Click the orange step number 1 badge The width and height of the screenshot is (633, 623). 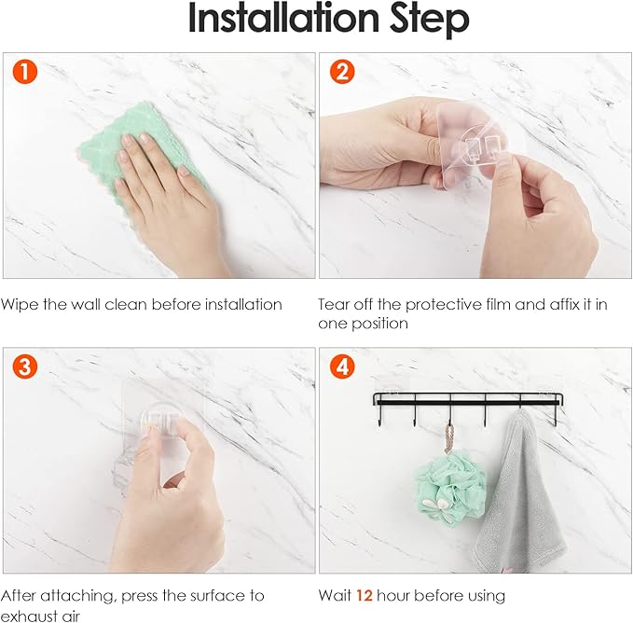(x=25, y=72)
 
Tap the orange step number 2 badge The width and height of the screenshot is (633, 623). (x=342, y=72)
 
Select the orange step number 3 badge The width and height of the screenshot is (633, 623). (x=25, y=367)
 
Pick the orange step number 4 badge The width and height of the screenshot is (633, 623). (x=342, y=367)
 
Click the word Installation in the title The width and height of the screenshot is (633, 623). (x=283, y=18)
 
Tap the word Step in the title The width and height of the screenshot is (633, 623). (x=429, y=21)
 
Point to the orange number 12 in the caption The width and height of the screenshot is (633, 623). (x=365, y=596)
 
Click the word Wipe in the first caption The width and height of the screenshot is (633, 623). (x=20, y=304)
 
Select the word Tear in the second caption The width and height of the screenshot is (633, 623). (x=334, y=304)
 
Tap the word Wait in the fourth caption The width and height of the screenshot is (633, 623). (x=335, y=596)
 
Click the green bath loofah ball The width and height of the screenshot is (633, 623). (x=451, y=491)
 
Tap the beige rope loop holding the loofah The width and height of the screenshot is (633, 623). (x=449, y=439)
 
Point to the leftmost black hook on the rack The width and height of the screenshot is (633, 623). (x=379, y=416)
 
